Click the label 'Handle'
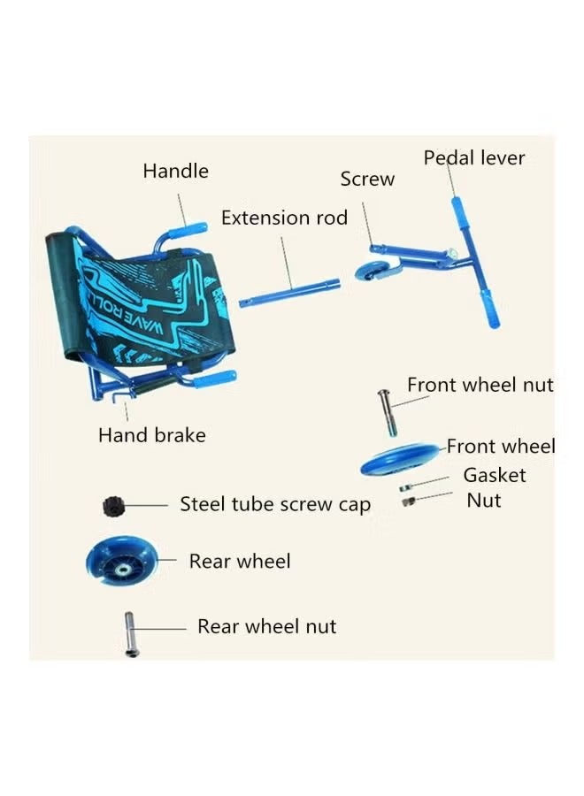click(175, 171)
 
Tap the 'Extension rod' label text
click(284, 218)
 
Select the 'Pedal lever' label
click(474, 158)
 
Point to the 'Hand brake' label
click(151, 435)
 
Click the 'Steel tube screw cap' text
click(275, 504)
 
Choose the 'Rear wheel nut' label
click(266, 626)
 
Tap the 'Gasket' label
click(495, 475)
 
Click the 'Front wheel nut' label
click(480, 385)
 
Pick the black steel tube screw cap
click(111, 505)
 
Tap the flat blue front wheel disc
click(398, 461)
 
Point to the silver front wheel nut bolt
click(387, 410)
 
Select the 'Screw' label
click(367, 180)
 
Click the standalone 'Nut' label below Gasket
click(484, 501)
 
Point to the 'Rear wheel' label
click(240, 561)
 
